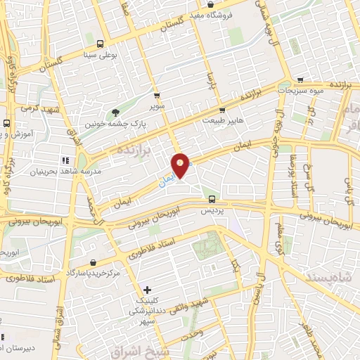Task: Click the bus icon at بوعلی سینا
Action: [x=99, y=42]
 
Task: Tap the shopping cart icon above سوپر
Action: [x=157, y=96]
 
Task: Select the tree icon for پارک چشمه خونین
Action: [x=115, y=112]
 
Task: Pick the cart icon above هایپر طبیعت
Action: [x=221, y=110]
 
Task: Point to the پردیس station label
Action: [x=212, y=211]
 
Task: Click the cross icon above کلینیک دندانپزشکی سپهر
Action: [x=146, y=289]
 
